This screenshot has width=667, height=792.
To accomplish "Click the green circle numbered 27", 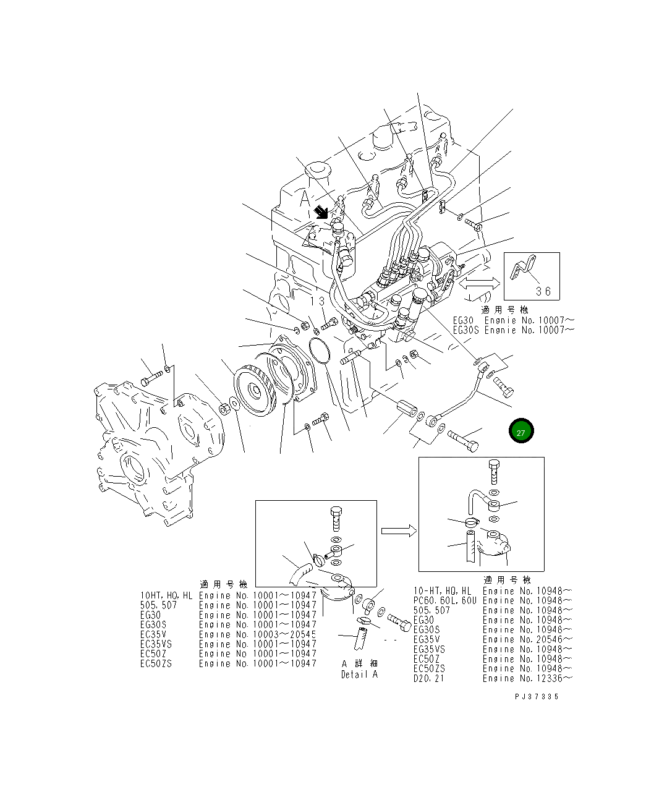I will [521, 432].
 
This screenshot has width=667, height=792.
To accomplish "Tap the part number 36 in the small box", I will [543, 291].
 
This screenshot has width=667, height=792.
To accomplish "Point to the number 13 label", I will [318, 300].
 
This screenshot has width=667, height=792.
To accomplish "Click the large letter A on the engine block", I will [305, 199].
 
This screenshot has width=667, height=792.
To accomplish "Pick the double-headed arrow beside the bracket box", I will [478, 283].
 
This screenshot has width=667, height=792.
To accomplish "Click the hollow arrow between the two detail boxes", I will [397, 530].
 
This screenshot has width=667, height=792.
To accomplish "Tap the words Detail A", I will [359, 675].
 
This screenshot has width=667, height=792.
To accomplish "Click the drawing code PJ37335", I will [536, 696].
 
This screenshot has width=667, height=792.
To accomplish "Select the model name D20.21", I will [428, 678].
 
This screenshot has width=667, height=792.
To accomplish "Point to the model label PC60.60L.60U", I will [444, 600].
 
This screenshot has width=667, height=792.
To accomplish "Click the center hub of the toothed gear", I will [253, 391].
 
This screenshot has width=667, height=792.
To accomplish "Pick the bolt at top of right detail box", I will [493, 471].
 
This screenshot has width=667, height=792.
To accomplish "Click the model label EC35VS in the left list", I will [156, 644].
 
